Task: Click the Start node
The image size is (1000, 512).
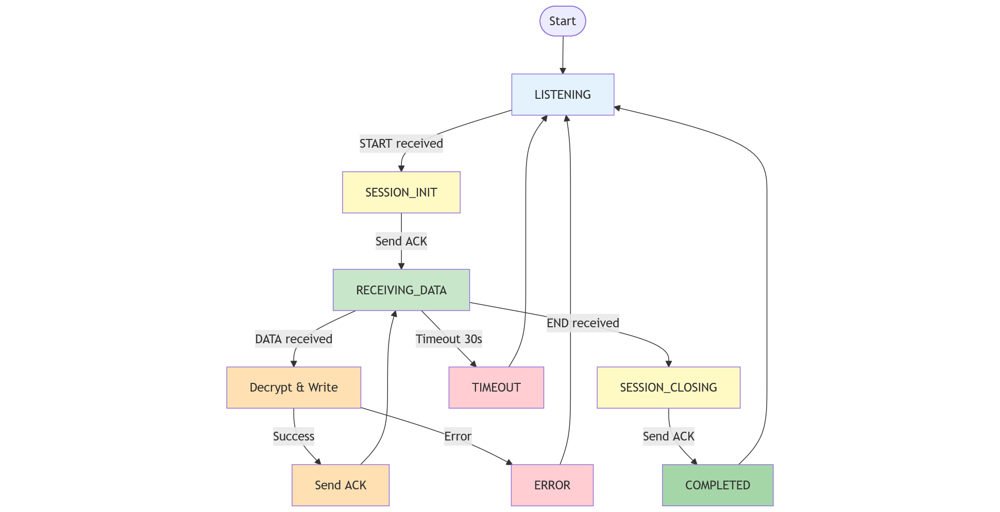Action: (562, 21)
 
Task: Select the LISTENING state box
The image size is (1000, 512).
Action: (562, 95)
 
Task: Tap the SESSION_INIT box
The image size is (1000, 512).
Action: (401, 192)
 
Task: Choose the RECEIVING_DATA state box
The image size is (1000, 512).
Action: (401, 290)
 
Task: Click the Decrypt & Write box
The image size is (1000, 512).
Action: (293, 387)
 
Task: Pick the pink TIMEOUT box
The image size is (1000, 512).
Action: (496, 387)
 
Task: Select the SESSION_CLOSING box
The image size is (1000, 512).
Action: (668, 387)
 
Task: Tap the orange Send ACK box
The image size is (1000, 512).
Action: (340, 485)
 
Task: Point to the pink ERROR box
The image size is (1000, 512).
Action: (552, 485)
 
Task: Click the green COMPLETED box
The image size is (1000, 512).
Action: (717, 485)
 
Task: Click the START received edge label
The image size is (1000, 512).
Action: (401, 144)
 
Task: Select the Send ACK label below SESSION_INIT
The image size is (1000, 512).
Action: (401, 241)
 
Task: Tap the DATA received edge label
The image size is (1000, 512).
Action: (293, 339)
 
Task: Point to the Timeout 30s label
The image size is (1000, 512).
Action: (449, 339)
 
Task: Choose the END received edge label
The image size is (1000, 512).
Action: (583, 323)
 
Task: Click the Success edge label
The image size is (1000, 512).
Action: (293, 436)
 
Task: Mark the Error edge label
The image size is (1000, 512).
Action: (457, 436)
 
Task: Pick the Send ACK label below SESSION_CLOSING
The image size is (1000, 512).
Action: (668, 436)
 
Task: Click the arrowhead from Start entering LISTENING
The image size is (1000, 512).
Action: (563, 71)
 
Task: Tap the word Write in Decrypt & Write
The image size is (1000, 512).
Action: (323, 387)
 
